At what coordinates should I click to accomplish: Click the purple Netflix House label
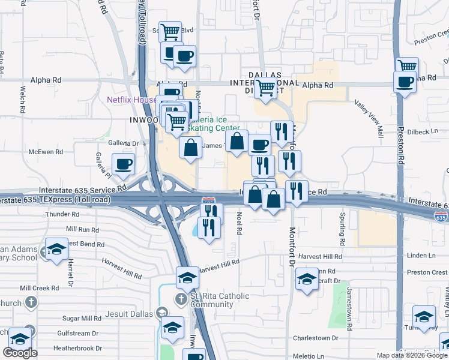131,100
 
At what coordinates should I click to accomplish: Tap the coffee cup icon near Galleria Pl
124,164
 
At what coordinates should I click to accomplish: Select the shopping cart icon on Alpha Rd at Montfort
265,88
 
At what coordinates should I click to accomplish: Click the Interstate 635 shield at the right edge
441,218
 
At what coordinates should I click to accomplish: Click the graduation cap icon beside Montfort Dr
307,278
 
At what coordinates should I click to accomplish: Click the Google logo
20,353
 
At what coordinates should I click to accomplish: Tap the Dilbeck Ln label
426,131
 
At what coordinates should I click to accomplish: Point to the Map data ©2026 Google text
412,355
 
